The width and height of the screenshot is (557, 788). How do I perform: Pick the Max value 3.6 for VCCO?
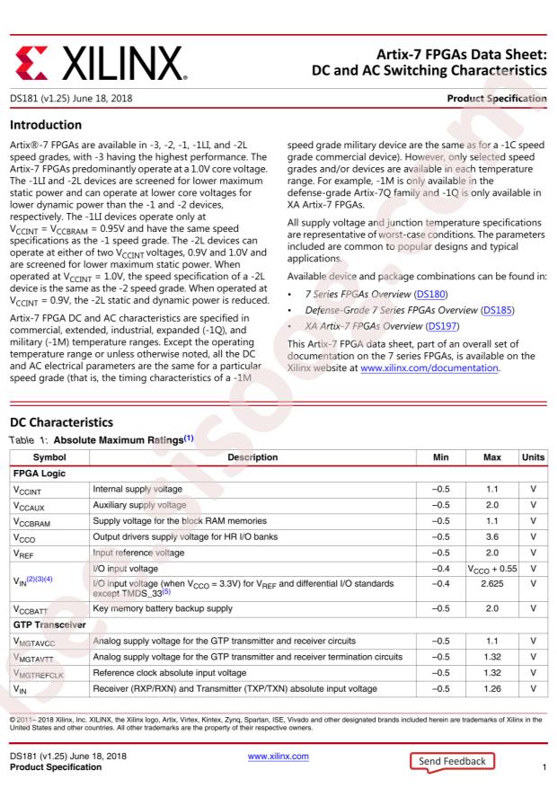point(491,536)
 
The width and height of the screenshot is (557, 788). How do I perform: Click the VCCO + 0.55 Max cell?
point(491,569)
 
